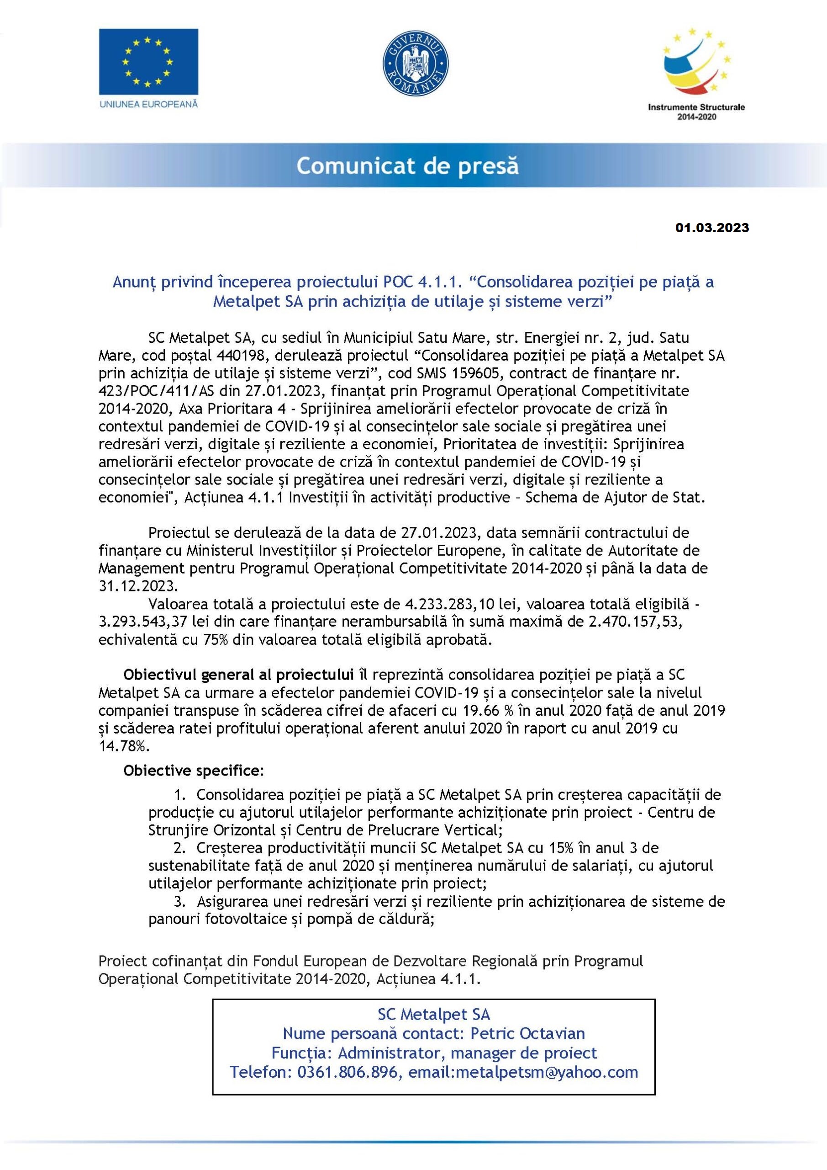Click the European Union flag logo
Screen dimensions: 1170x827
coord(148,61)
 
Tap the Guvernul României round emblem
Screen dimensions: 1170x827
coord(415,64)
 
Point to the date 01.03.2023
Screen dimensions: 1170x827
coord(712,228)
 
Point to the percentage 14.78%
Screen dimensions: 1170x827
coord(124,746)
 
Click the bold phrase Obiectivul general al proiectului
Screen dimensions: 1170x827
coord(238,675)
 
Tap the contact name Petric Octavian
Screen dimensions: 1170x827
coord(527,1033)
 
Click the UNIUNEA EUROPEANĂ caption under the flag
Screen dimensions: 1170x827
coord(148,104)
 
